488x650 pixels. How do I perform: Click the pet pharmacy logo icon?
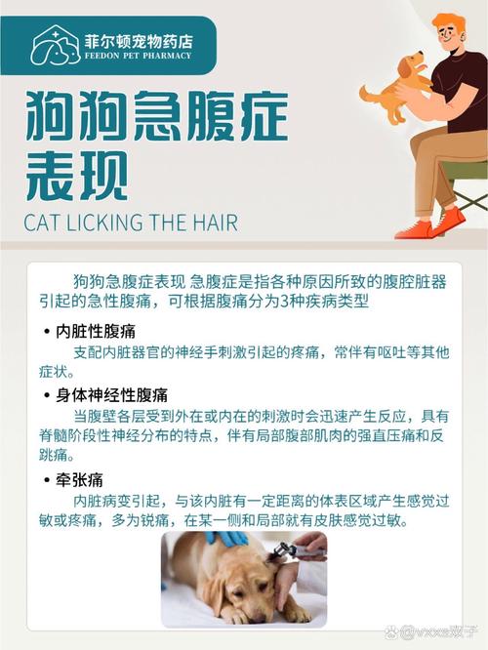coord(56,45)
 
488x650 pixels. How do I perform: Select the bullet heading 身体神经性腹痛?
coord(111,395)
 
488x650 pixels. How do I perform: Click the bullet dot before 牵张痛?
coord(46,480)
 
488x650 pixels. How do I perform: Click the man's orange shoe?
coord(414,229)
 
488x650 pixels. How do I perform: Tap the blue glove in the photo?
coord(225,538)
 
